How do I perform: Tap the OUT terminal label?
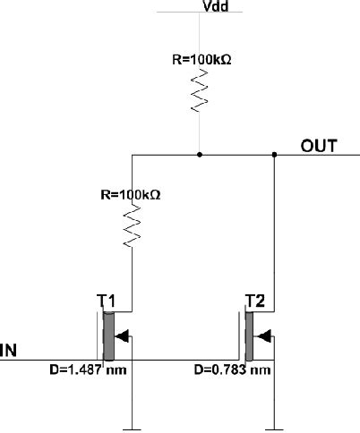tap(318, 146)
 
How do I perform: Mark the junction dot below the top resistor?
tap(199, 154)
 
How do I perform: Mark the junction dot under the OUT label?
tap(273, 154)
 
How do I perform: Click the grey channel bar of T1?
tap(109, 335)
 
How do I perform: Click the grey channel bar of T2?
tap(249, 335)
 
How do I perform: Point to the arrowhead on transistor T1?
tap(124, 335)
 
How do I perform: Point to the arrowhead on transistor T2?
tap(263, 335)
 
